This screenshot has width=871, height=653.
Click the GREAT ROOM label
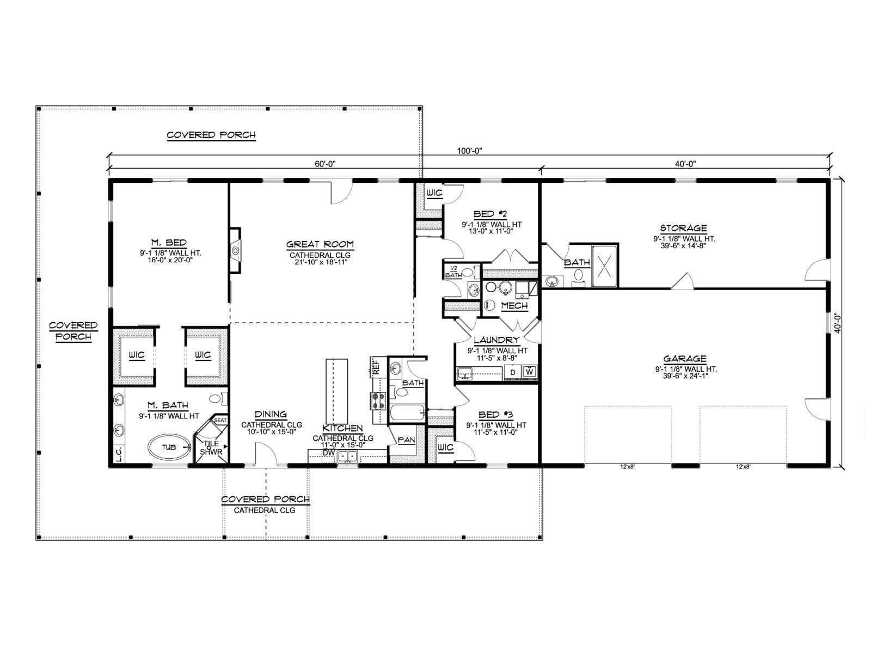[320, 244]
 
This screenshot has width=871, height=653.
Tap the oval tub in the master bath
[169, 447]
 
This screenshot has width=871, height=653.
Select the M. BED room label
[169, 243]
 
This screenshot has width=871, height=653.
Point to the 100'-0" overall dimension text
[469, 151]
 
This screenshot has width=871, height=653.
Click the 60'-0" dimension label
[325, 164]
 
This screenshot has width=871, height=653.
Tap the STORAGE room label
[683, 228]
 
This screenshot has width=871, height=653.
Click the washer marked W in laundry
[530, 372]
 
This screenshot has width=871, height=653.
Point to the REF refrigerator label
[376, 367]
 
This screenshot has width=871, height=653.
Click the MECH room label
[514, 306]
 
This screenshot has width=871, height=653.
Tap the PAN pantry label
[406, 440]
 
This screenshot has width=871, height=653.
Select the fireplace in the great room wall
[235, 250]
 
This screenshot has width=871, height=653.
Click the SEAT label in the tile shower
[220, 420]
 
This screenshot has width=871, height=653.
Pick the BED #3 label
[495, 415]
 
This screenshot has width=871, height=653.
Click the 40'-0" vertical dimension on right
[837, 324]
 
